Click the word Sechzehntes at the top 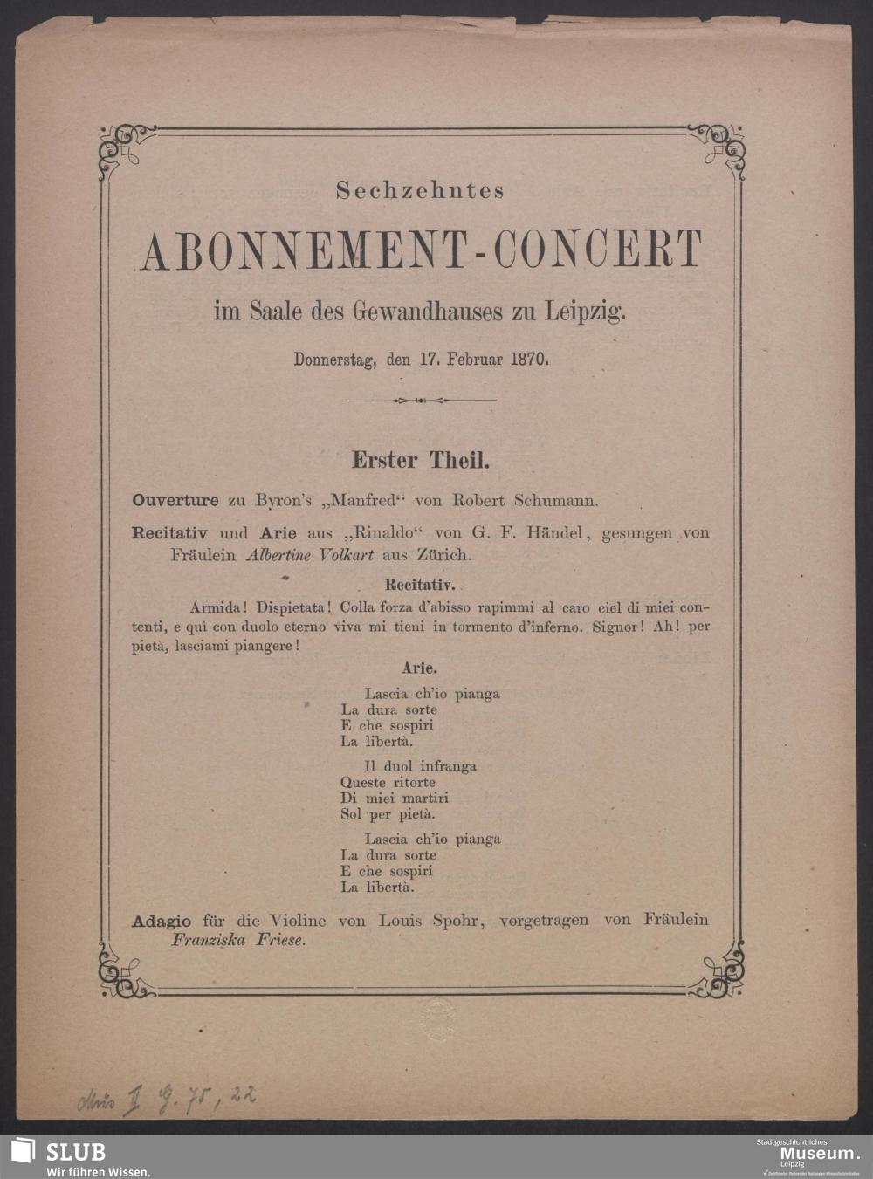pyautogui.click(x=420, y=190)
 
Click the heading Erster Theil pyautogui.click(x=420, y=459)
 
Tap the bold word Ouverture pyautogui.click(x=175, y=501)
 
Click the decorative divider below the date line pyautogui.click(x=420, y=401)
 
